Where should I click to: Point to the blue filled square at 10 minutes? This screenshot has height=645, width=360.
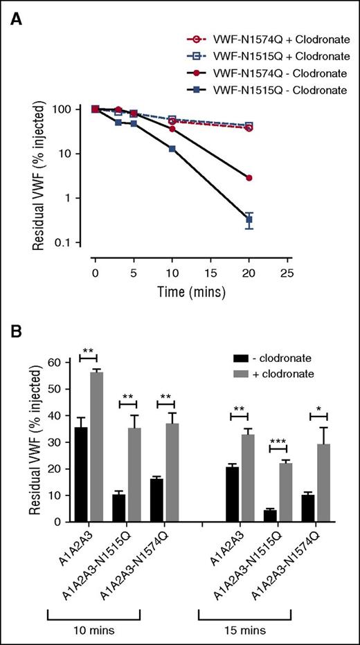point(172,149)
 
